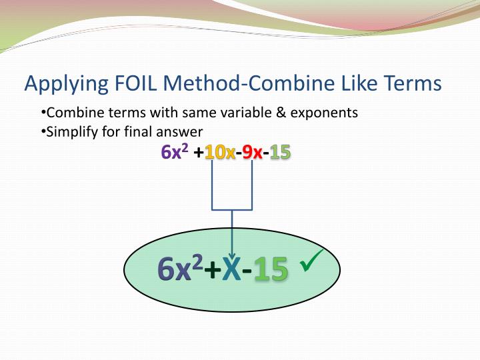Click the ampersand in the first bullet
pos(279,113)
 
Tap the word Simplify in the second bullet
pos(71,131)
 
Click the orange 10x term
pos(219,153)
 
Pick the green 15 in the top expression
pos(280,153)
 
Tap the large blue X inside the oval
pos(231,270)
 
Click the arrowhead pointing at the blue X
pos(231,254)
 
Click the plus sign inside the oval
pos(212,270)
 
